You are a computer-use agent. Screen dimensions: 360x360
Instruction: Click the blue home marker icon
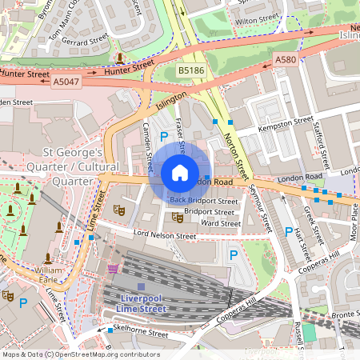tap(180, 173)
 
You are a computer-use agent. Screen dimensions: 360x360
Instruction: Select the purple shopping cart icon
tap(114, 269)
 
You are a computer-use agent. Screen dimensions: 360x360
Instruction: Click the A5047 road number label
tap(66, 81)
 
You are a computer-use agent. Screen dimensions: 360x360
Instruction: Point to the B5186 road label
tap(190, 70)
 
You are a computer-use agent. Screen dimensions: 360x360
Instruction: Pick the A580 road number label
tap(286, 59)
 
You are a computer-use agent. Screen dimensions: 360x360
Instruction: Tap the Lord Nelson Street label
tap(165, 236)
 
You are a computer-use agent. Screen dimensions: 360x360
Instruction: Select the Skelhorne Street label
tap(142, 333)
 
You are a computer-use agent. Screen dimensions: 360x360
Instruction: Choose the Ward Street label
tap(220, 223)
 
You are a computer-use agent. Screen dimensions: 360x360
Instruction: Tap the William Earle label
tap(54, 275)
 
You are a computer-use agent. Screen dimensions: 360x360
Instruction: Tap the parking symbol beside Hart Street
tap(289, 232)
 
